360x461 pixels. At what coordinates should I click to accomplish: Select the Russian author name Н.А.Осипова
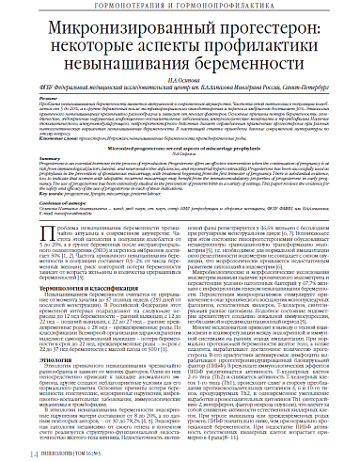[x=180, y=84]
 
